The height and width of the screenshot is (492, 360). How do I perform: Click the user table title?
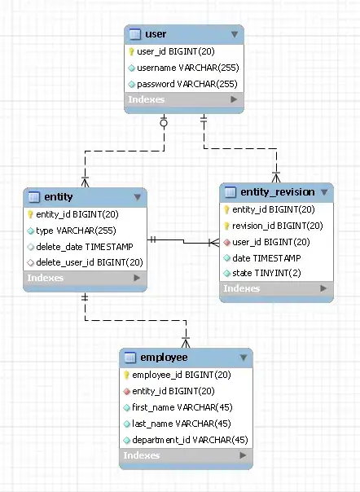click(156, 34)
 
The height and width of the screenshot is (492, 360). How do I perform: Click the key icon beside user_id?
click(131, 51)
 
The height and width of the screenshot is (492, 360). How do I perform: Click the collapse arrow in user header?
click(235, 34)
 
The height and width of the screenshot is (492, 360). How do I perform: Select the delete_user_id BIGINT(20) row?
click(90, 262)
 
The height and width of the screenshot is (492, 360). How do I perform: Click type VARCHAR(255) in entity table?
click(75, 231)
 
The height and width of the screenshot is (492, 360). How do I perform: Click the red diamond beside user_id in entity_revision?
click(226, 242)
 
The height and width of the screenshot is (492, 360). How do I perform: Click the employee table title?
click(164, 357)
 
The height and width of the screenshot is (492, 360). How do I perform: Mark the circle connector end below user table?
click(164, 124)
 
